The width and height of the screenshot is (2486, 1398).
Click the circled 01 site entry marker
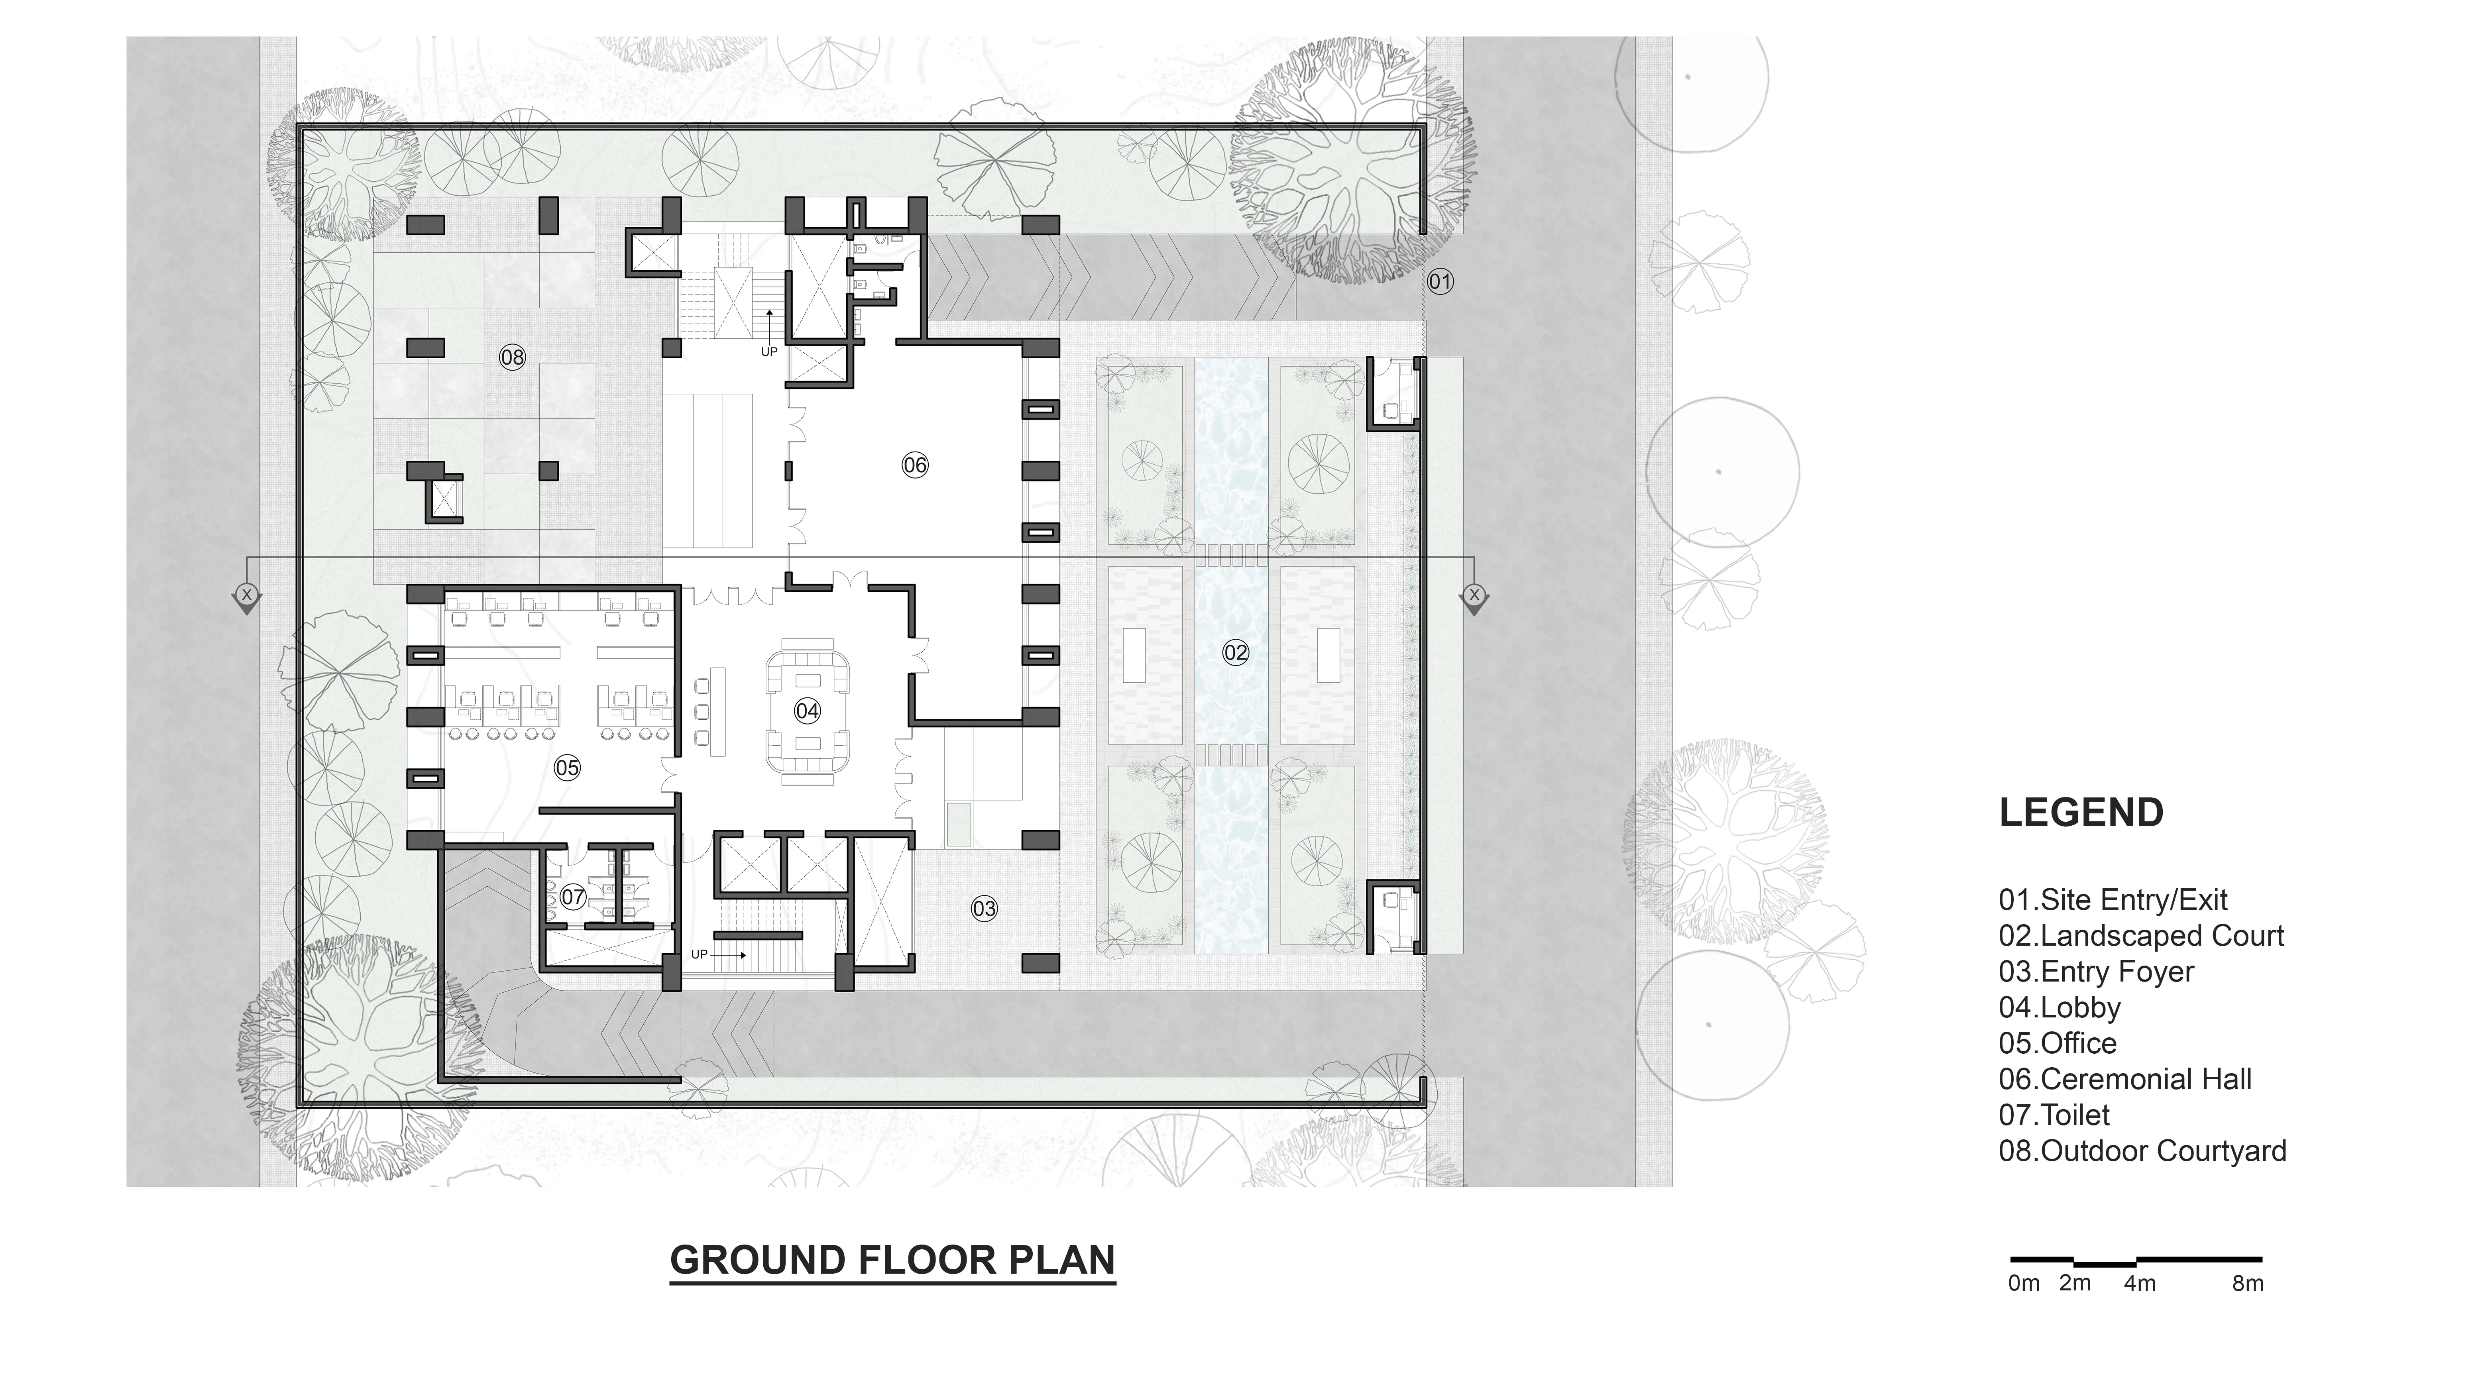click(1440, 282)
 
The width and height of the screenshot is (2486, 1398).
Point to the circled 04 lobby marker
click(807, 711)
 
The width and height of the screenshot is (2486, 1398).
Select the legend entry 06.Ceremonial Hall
click(2125, 1079)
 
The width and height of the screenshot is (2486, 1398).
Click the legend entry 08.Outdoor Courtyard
click(2142, 1151)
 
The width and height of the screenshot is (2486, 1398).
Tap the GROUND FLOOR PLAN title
click(893, 1260)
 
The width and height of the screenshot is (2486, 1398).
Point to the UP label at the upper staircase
click(769, 352)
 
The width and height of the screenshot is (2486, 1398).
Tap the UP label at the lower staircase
click(700, 954)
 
